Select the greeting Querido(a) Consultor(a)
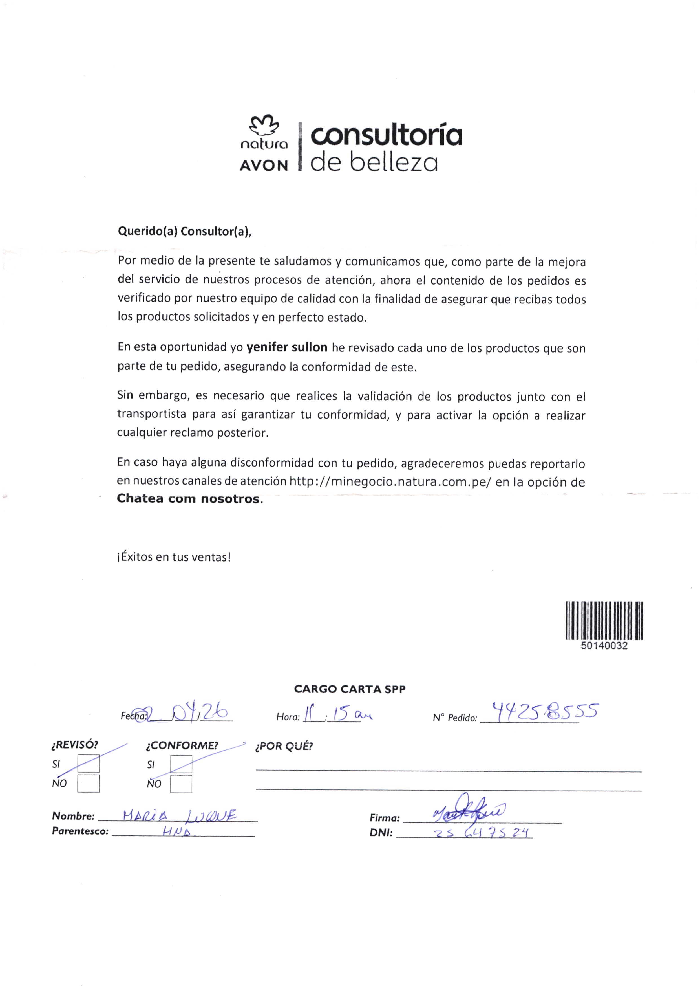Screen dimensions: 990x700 (184, 232)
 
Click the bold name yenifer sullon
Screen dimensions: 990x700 (287, 347)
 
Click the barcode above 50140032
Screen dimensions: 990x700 (604, 621)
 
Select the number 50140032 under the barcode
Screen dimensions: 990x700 (604, 646)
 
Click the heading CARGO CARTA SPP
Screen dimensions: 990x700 (350, 689)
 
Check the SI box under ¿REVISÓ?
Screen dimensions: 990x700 (88, 764)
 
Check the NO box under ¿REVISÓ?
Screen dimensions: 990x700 (88, 784)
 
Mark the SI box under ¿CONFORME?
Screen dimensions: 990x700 (181, 764)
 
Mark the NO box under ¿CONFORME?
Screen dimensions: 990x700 (181, 784)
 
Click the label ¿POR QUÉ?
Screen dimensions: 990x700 (284, 746)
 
